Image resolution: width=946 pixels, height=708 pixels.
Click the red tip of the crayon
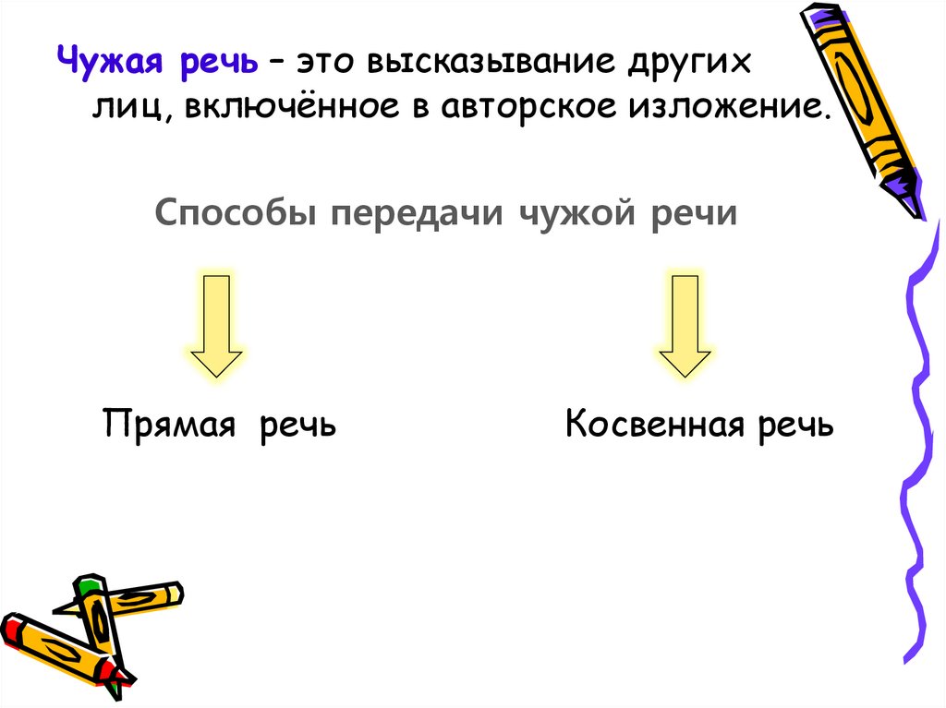[11, 629]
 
